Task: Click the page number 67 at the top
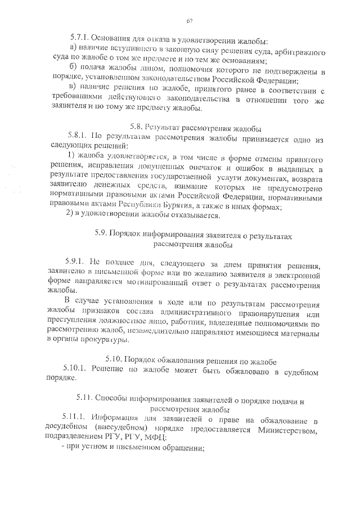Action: pos(190,21)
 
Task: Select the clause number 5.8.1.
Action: pos(77,136)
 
